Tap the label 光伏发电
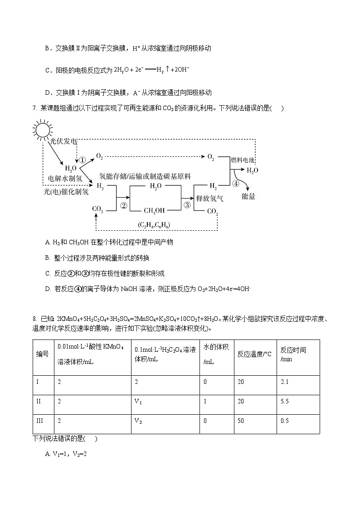pyautogui.click(x=63, y=141)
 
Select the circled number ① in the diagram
pyautogui.click(x=82, y=160)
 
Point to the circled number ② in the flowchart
pyautogui.click(x=123, y=205)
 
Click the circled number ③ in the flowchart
pyautogui.click(x=187, y=205)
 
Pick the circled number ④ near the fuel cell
pyautogui.click(x=235, y=184)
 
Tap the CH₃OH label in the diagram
pyautogui.click(x=155, y=210)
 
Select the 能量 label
pyautogui.click(x=248, y=196)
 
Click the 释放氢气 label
pyautogui.click(x=209, y=198)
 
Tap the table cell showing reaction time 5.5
pyautogui.click(x=285, y=401)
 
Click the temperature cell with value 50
pyautogui.click(x=240, y=421)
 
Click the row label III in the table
pyautogui.click(x=39, y=421)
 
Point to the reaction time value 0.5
pyautogui.click(x=285, y=421)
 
